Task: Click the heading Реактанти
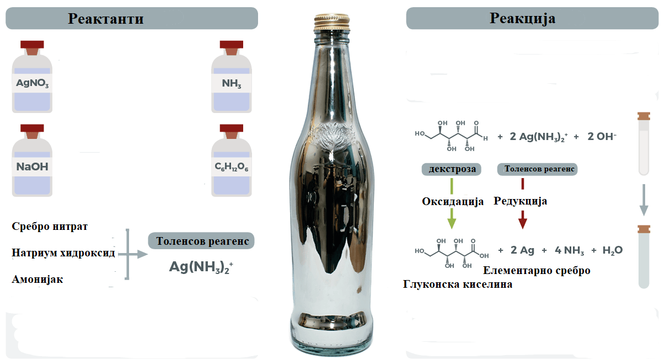(106, 18)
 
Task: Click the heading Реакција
(522, 18)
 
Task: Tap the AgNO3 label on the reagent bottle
(32, 83)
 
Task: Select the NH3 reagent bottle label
(232, 83)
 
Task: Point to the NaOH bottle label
(32, 167)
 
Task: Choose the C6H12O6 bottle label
(232, 167)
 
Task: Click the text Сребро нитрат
(50, 227)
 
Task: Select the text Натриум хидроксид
(63, 252)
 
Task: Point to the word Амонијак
(37, 279)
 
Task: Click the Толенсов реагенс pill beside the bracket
(201, 241)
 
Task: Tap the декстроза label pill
(451, 169)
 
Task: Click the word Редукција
(520, 201)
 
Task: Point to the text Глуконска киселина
(458, 284)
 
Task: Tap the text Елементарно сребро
(537, 270)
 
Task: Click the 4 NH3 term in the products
(570, 251)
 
